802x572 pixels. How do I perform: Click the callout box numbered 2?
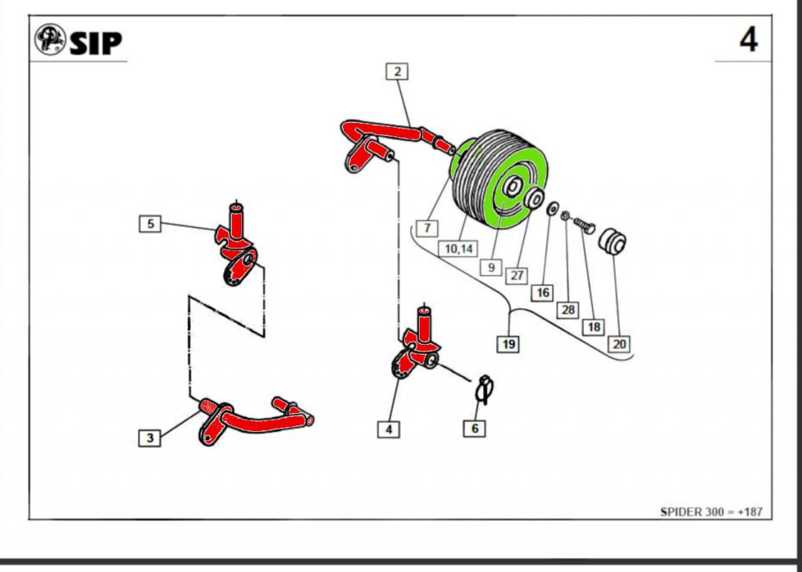(398, 72)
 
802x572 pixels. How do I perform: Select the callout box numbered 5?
(150, 224)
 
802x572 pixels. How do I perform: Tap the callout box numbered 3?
(150, 438)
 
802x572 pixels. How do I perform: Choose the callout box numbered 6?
(474, 428)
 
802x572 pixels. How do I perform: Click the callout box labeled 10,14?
(459, 248)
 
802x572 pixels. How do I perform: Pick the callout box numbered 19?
(509, 344)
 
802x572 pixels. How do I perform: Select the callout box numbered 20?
(620, 343)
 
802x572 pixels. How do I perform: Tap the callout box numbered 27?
(517, 275)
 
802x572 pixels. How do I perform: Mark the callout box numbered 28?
(568, 310)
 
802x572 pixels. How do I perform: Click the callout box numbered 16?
(542, 293)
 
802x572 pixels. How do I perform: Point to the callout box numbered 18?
(594, 326)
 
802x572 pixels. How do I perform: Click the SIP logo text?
(96, 42)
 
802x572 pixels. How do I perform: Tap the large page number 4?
(749, 39)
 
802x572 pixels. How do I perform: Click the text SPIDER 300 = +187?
(711, 512)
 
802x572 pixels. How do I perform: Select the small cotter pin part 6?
(485, 387)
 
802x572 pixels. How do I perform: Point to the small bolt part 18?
(584, 225)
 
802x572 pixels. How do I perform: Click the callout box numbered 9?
(490, 267)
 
